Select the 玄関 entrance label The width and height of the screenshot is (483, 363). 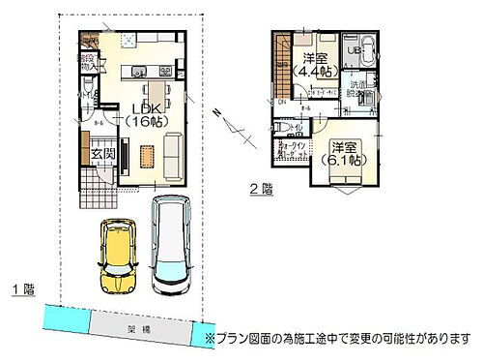[103, 154]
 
